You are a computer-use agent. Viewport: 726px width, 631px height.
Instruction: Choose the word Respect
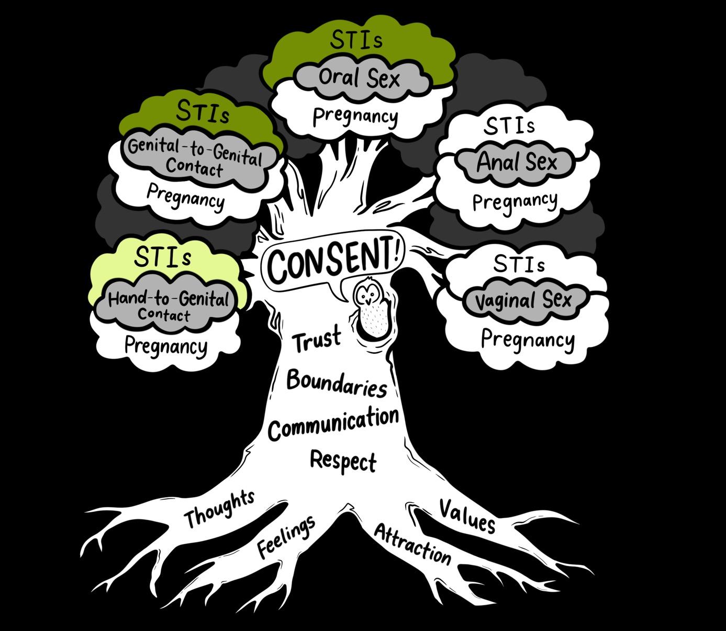pyautogui.click(x=343, y=460)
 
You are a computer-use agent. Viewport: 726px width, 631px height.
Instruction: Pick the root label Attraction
pyautogui.click(x=412, y=544)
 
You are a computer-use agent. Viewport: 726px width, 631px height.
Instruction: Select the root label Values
pyautogui.click(x=467, y=516)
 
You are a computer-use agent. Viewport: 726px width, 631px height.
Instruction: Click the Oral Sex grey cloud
pyautogui.click(x=359, y=78)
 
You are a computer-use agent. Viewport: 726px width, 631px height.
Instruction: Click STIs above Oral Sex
pyautogui.click(x=356, y=40)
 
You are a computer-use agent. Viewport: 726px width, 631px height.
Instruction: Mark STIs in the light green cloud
pyautogui.click(x=163, y=257)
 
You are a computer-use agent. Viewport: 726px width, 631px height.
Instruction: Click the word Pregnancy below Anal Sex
pyautogui.click(x=515, y=201)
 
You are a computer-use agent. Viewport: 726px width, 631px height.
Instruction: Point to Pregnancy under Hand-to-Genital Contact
pyautogui.click(x=165, y=346)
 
